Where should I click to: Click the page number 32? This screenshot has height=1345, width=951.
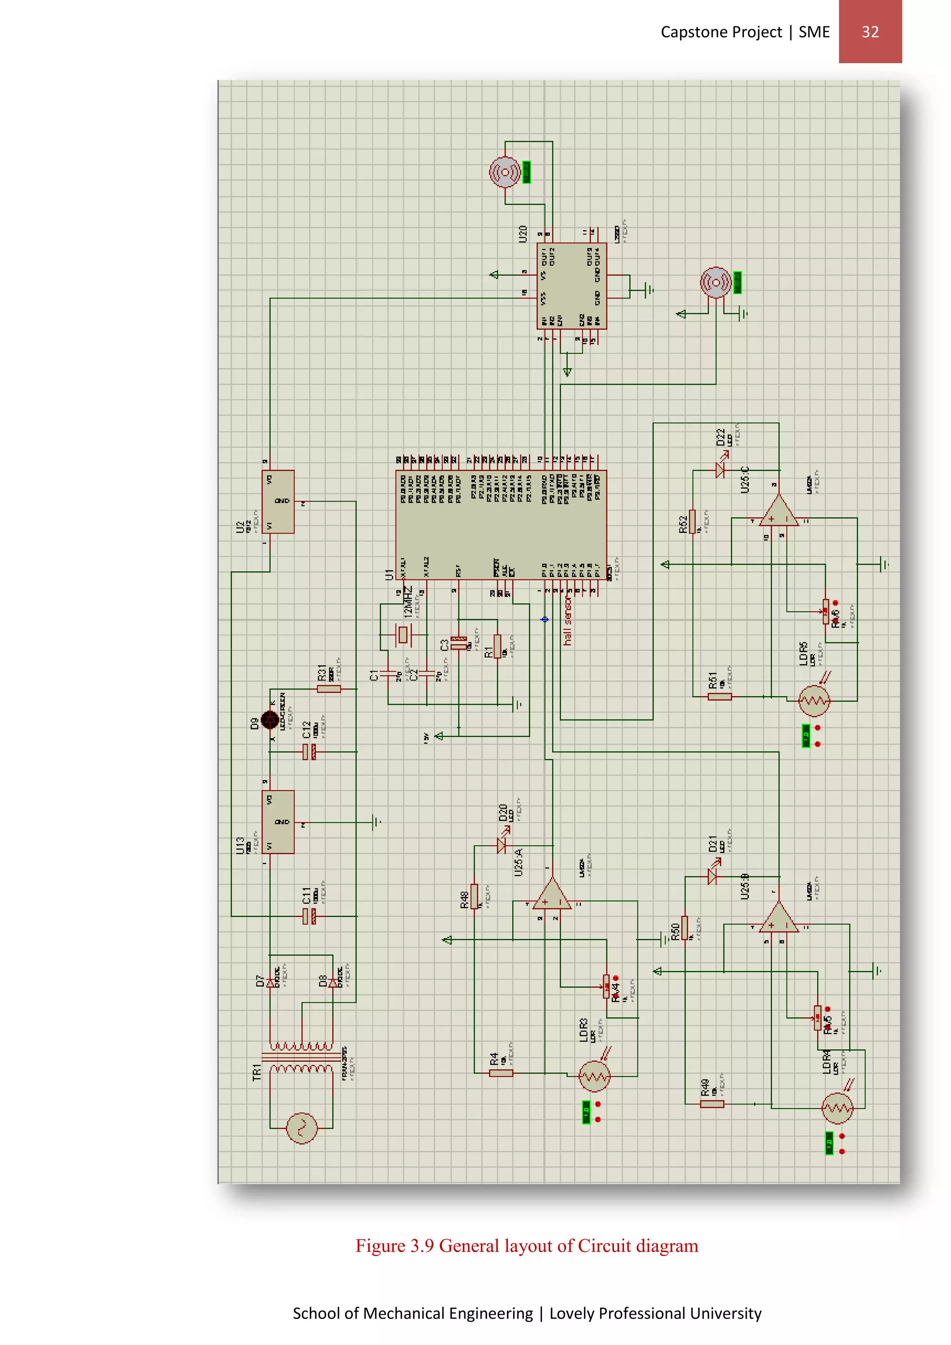click(870, 32)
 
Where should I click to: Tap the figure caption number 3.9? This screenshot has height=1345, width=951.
click(422, 1246)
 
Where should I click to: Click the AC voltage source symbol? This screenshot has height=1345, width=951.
click(301, 1128)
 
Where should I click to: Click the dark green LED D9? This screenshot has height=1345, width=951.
click(270, 720)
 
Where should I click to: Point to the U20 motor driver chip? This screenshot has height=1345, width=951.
click(571, 286)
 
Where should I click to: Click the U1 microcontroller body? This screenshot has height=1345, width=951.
click(501, 524)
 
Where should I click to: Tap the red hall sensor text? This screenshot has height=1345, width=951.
click(567, 621)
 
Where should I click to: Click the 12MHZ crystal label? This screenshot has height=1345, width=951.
click(408, 601)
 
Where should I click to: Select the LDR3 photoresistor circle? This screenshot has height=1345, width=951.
click(594, 1076)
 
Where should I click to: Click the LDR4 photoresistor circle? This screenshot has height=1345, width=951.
click(837, 1108)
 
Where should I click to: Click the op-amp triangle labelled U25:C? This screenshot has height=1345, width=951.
click(778, 512)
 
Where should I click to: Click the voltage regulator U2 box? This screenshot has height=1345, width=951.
click(278, 502)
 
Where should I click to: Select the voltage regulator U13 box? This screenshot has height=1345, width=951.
click(278, 822)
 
